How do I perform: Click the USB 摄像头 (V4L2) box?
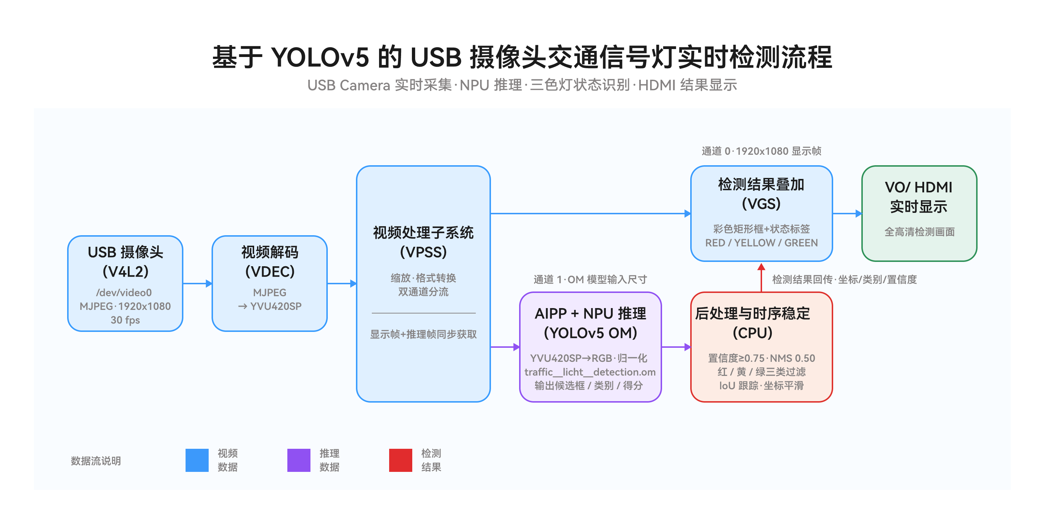(125, 284)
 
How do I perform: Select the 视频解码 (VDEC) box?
(270, 284)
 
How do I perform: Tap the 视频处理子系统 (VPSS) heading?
(423, 242)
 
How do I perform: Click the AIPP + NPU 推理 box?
(591, 347)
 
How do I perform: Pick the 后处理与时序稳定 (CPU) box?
(761, 347)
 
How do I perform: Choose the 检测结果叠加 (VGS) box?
(761, 213)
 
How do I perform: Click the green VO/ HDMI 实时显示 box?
(919, 213)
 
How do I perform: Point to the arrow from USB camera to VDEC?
(198, 284)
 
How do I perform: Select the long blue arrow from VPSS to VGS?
(591, 213)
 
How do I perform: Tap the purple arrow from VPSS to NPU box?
(505, 347)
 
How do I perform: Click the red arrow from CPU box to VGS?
(761, 277)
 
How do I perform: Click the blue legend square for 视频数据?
(197, 460)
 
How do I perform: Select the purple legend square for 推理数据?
(299, 460)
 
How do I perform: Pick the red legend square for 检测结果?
(400, 460)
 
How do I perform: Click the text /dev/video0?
(124, 292)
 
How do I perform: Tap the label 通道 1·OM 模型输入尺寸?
(590, 279)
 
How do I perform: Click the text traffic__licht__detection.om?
(590, 372)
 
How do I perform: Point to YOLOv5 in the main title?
(320, 57)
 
